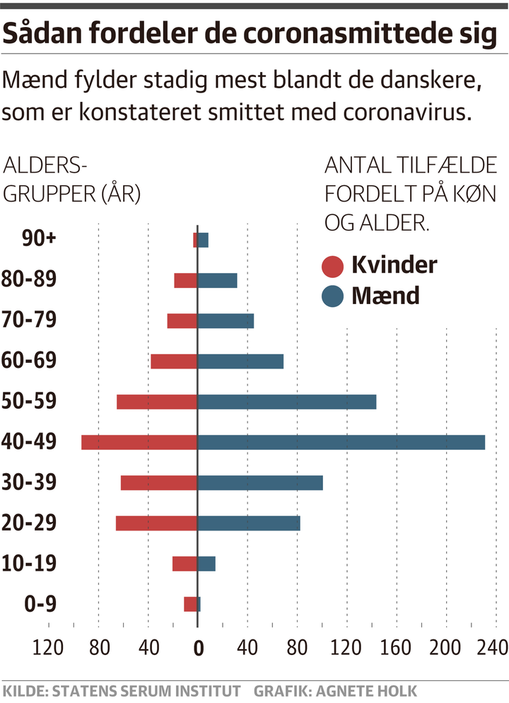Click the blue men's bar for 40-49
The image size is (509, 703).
pyautogui.click(x=341, y=442)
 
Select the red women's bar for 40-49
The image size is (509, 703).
pyautogui.click(x=139, y=442)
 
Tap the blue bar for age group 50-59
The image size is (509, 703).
pyautogui.click(x=286, y=402)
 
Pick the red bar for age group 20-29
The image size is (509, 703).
pyautogui.click(x=156, y=523)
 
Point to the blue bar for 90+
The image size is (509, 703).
pyautogui.click(x=203, y=240)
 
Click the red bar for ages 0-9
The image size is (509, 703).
pyautogui.click(x=190, y=604)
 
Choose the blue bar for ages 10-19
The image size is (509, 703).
pyautogui.click(x=206, y=564)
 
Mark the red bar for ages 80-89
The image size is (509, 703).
pyautogui.click(x=185, y=280)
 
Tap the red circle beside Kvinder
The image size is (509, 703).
pyautogui.click(x=332, y=267)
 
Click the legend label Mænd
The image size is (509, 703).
pyautogui.click(x=385, y=295)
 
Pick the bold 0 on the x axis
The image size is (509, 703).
pyautogui.click(x=198, y=647)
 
